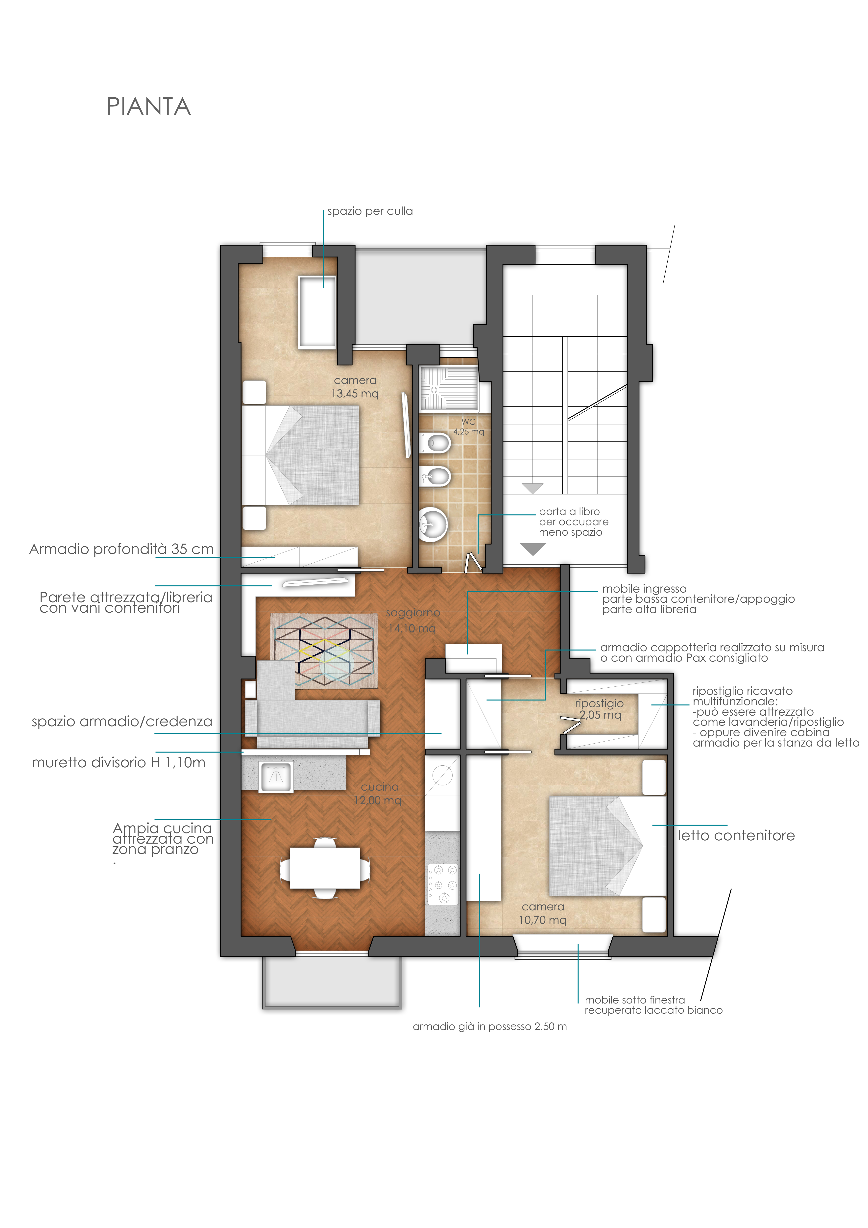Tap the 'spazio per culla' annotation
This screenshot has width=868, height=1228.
pos(370,211)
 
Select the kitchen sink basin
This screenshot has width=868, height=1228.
pos(276,777)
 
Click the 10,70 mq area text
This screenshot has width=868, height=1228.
pos(542,920)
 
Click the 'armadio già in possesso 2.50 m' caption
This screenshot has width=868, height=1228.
pos(490,1026)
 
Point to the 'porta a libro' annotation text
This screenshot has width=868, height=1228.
pos(569,512)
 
